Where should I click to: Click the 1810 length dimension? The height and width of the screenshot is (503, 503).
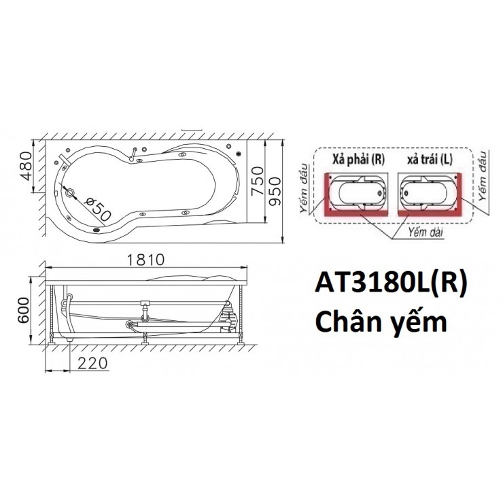(x=144, y=259)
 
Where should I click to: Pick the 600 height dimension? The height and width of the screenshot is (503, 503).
(x=24, y=311)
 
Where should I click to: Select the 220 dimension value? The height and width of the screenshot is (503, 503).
(x=92, y=363)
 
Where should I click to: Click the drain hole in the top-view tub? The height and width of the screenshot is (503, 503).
(x=69, y=192)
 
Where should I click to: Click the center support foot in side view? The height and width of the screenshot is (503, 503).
(x=144, y=340)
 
